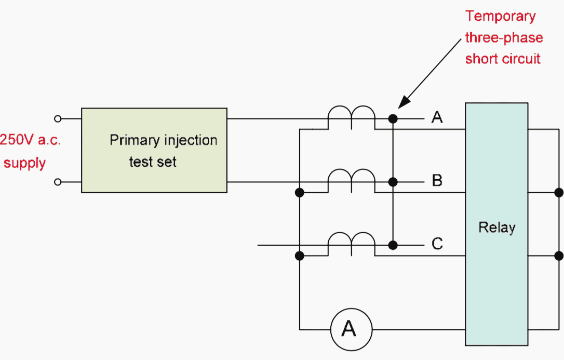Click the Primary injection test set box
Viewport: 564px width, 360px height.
(x=154, y=150)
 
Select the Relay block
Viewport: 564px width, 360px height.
(x=496, y=224)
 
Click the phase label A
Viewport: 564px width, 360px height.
(x=437, y=118)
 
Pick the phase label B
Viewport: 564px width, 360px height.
(x=437, y=181)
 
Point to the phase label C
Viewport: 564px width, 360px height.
(x=437, y=244)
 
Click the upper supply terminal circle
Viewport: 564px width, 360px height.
(x=58, y=119)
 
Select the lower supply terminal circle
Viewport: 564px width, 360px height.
(x=58, y=182)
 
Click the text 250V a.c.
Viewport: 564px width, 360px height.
(x=30, y=141)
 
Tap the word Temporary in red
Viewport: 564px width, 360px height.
(x=500, y=16)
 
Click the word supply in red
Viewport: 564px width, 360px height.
(x=24, y=163)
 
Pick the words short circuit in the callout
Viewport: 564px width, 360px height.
(x=503, y=59)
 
